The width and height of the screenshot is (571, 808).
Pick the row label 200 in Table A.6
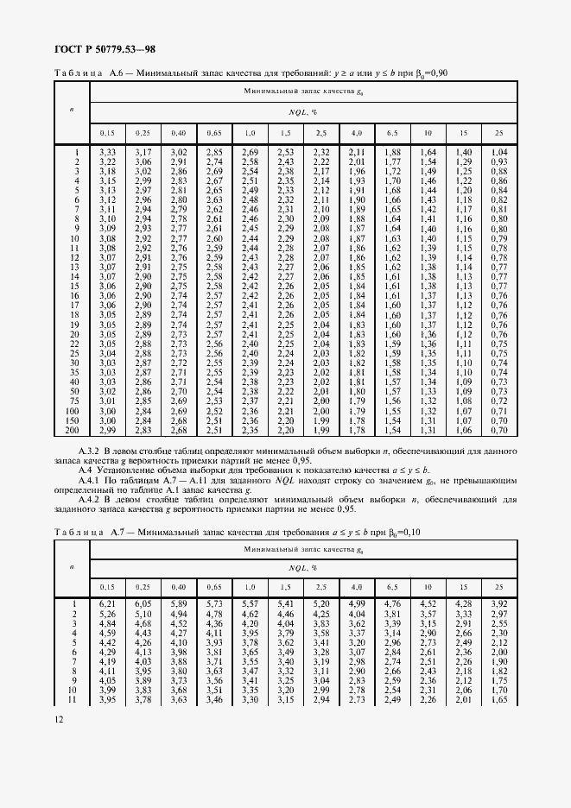pos(73,430)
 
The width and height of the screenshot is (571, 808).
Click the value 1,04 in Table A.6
pos(498,153)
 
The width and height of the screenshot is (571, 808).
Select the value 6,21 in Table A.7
pos(107,603)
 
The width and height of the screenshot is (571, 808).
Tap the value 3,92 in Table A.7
pos(498,603)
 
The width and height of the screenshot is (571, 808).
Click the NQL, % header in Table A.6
pos(302,112)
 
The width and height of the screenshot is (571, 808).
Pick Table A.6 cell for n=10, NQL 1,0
pos(250,238)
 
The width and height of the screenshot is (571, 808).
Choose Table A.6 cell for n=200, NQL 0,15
pos(107,430)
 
